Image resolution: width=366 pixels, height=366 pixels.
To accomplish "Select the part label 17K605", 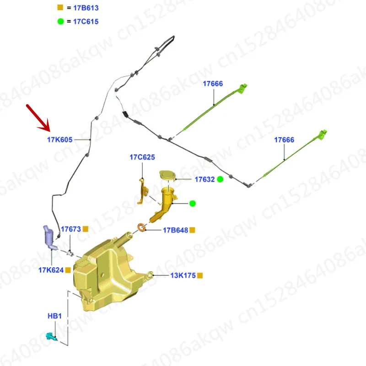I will click(59, 140).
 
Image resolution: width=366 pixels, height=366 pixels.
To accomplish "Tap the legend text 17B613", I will click(86, 8).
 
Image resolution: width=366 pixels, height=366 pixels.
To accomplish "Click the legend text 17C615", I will click(86, 21).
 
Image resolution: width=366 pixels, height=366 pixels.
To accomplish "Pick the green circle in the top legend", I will click(60, 21).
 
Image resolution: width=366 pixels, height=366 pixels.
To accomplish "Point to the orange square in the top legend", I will click(60, 8).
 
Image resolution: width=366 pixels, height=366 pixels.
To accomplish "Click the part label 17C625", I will click(142, 157).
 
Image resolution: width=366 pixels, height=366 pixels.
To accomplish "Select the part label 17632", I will click(205, 180).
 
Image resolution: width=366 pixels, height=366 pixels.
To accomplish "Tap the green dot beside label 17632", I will click(220, 179).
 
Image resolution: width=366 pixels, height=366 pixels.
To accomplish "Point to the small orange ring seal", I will click(142, 226).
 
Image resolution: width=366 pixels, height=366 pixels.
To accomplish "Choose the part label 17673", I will click(71, 228).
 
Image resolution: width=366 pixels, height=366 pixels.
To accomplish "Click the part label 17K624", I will click(50, 270).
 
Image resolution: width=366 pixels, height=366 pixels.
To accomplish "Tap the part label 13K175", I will click(183, 275).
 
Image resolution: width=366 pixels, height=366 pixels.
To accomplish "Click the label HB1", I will click(54, 316).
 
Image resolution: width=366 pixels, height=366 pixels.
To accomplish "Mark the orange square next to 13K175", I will click(200, 275).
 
